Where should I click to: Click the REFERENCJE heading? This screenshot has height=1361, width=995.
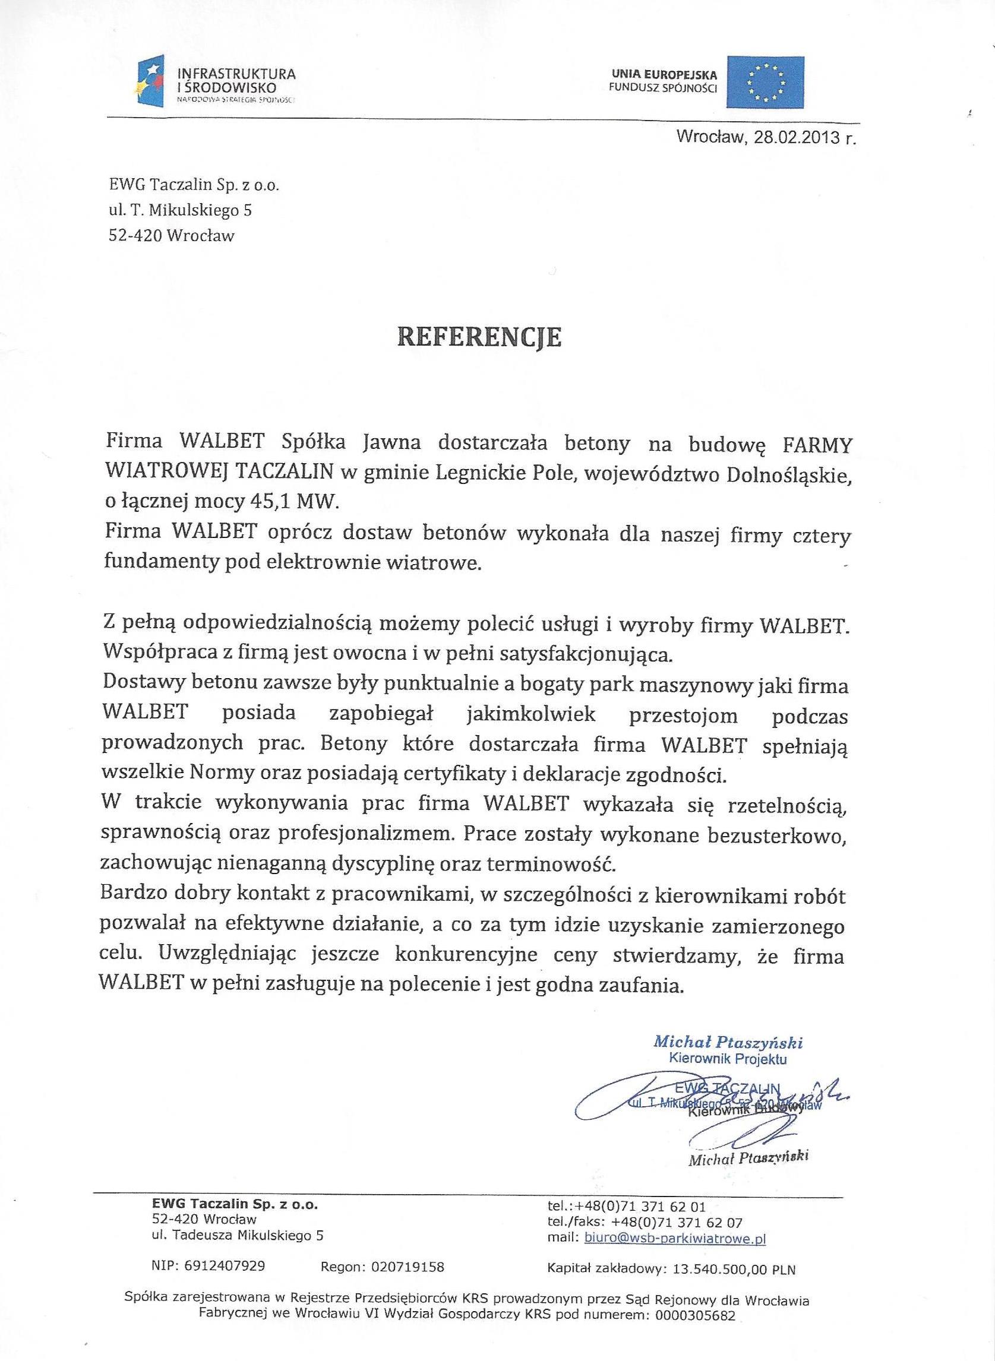point(479,338)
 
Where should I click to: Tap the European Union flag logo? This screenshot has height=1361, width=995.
point(765,82)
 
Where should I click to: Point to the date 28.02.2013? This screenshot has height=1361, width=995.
point(793,137)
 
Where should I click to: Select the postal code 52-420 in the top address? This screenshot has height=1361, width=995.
point(135,235)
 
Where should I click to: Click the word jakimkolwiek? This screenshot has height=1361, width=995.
point(530,714)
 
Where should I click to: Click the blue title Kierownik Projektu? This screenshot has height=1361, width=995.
point(728,1059)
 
